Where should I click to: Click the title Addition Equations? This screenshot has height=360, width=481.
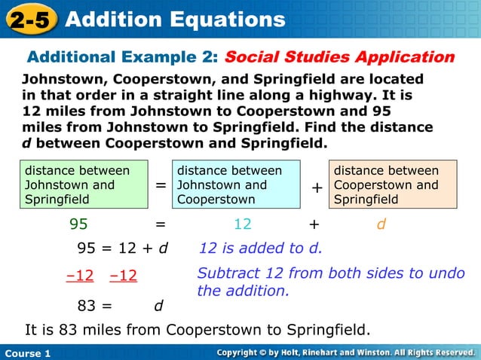pyautogui.click(x=175, y=20)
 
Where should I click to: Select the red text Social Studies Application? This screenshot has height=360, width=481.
pyautogui.click(x=339, y=57)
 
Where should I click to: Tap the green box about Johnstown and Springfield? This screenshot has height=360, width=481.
pyautogui.click(x=84, y=185)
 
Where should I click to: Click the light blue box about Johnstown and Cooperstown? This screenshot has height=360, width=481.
pyautogui.click(x=236, y=185)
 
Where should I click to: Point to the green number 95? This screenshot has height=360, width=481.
pyautogui.click(x=78, y=224)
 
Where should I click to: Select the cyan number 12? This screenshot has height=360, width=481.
pyautogui.click(x=242, y=224)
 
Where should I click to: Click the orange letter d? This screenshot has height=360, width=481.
pyautogui.click(x=381, y=224)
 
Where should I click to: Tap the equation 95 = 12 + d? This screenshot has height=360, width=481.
pyautogui.click(x=123, y=249)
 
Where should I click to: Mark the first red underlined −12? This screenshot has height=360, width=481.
pyautogui.click(x=80, y=276)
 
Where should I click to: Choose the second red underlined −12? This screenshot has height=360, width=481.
pyautogui.click(x=123, y=276)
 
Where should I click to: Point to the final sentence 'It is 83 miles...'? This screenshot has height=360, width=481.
pyautogui.click(x=198, y=329)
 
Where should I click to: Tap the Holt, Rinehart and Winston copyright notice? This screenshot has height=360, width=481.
pyautogui.click(x=345, y=352)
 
